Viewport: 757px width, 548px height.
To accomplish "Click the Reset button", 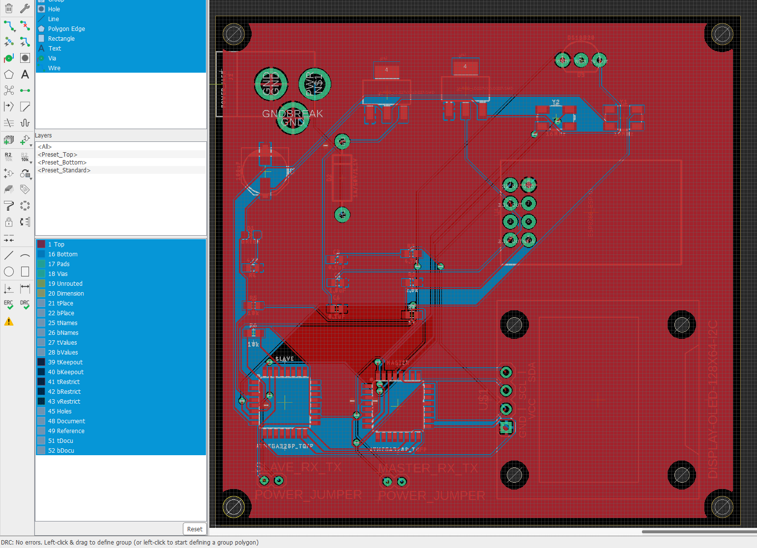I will (195, 529).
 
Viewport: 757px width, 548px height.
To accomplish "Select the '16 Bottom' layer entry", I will (62, 254).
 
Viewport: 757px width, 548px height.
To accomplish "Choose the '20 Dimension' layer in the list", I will (66, 294).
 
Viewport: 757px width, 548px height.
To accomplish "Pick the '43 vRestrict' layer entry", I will (64, 402).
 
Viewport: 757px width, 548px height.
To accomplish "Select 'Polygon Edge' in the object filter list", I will (66, 29).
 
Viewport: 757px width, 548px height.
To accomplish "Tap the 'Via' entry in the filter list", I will (52, 58).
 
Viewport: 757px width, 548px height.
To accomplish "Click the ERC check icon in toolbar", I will (9, 304).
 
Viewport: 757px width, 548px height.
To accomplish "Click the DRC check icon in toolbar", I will (25, 304).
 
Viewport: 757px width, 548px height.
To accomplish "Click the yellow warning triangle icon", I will (9, 322).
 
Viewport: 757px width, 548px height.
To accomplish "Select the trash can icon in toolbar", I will (9, 8).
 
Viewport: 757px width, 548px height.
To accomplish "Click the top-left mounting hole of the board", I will (233, 34).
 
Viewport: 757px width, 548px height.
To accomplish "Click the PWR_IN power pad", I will (315, 84).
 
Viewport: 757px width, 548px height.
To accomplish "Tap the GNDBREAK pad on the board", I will (293, 117).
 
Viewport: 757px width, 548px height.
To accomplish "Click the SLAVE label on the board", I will (285, 359).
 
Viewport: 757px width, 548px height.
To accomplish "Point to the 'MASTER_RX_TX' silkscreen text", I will (428, 468).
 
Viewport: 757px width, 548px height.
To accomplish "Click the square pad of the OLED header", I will (506, 428).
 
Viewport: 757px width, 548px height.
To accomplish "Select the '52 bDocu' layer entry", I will (61, 451).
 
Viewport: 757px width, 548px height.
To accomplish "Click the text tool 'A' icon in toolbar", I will (25, 75).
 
